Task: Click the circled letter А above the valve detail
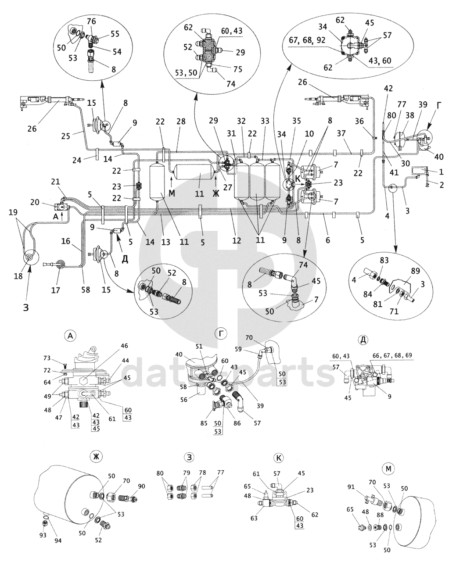pyautogui.click(x=70, y=336)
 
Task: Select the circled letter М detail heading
pyautogui.click(x=388, y=469)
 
